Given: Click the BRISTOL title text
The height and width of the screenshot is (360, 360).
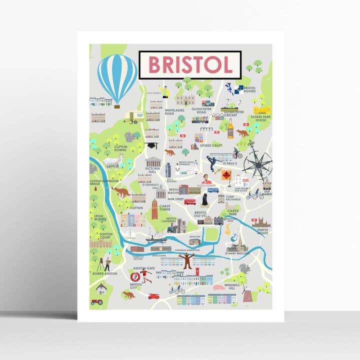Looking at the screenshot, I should tap(190, 65).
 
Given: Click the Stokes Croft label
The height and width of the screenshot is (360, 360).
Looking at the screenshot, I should tap(211, 145).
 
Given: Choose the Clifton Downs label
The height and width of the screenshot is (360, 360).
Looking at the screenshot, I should tap(120, 148).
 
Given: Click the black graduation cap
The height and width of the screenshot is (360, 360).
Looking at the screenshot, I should tap(151, 145).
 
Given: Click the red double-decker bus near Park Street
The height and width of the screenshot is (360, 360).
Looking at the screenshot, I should tap(190, 201).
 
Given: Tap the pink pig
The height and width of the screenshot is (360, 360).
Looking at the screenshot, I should tap(218, 288).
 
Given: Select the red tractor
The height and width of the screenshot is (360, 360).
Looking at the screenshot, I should tap(96, 302).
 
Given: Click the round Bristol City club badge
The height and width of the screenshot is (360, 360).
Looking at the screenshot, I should tap(134, 276).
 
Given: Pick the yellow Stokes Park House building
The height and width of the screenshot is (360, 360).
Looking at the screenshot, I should tap(261, 109).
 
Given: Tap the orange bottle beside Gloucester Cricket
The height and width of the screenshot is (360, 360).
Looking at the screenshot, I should tap(230, 130).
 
